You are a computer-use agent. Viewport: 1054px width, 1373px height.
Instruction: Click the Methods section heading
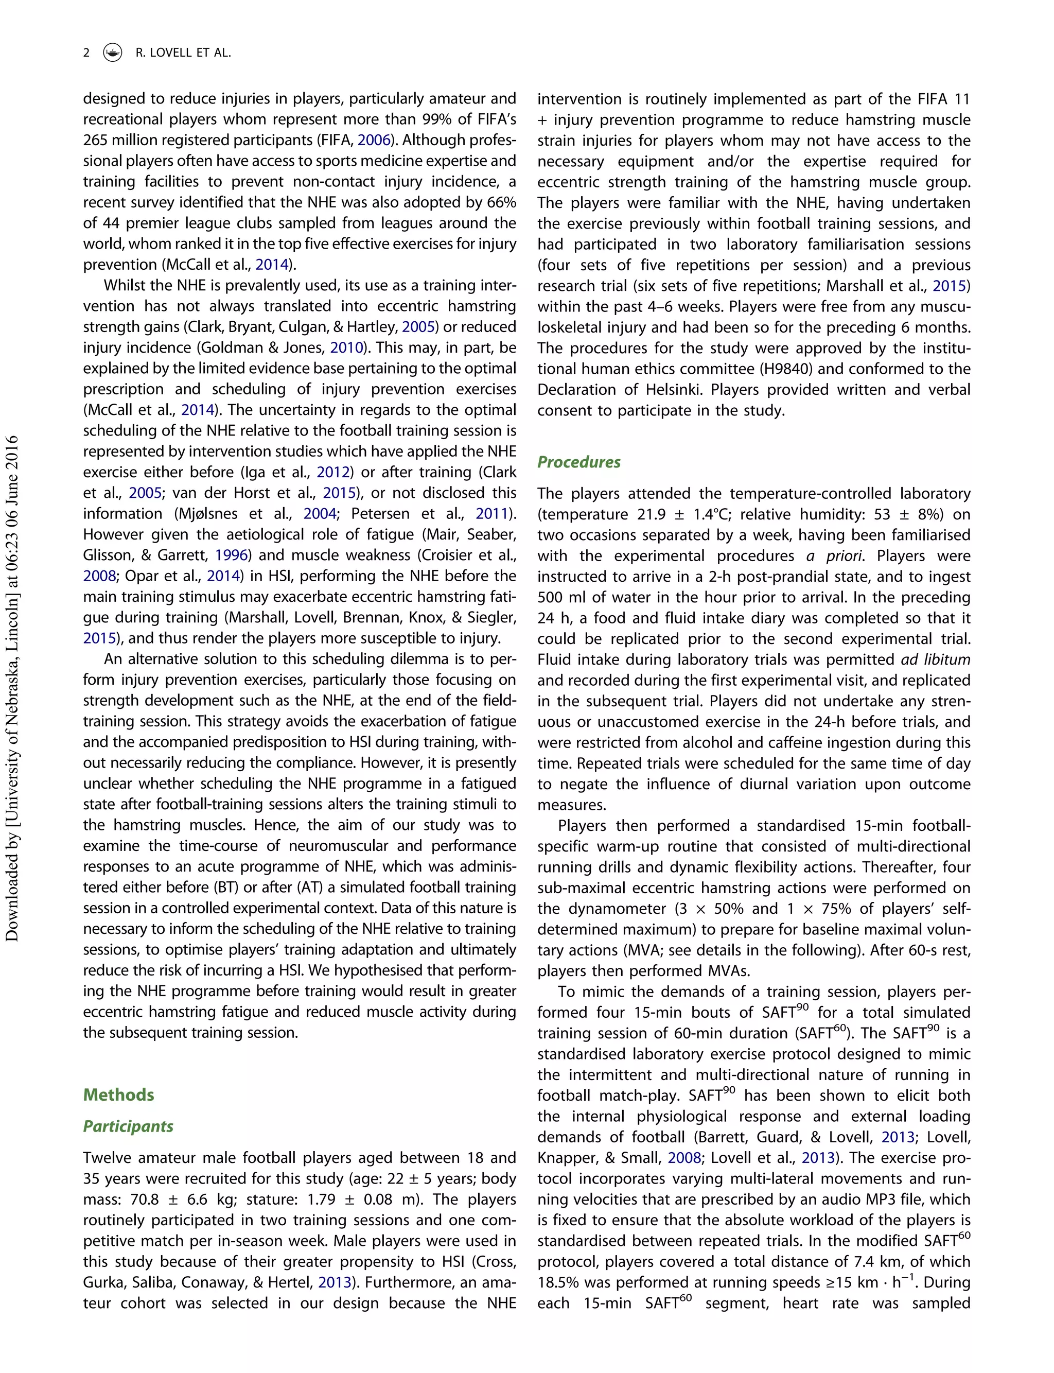pos(118,1095)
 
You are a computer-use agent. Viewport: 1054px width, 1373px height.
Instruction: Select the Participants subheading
pos(128,1126)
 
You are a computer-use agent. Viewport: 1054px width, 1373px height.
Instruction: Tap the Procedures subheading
pos(578,462)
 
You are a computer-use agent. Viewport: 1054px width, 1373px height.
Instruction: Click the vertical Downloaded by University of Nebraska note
pos(12,688)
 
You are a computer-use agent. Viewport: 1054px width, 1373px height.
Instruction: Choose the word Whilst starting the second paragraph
pos(124,286)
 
